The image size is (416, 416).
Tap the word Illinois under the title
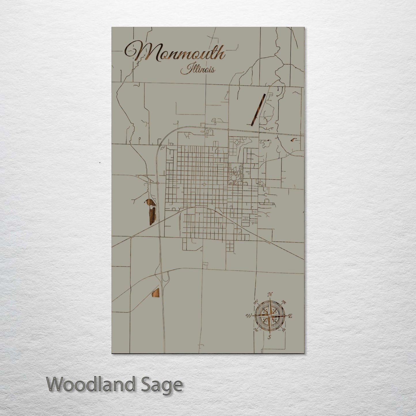tap(197, 70)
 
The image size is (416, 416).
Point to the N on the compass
tap(270, 295)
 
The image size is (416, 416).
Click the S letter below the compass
tap(269, 337)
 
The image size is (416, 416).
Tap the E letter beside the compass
tap(290, 316)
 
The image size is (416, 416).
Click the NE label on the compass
tap(284, 302)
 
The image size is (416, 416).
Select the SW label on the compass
tap(255, 330)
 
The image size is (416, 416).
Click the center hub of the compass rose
tap(269, 316)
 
